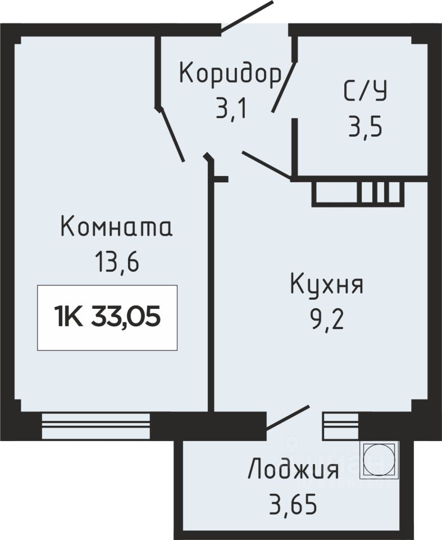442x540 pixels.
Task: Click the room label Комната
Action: (x=116, y=227)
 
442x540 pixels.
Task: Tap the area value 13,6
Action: (x=117, y=262)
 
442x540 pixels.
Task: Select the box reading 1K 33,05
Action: (x=107, y=317)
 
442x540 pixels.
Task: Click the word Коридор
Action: (x=230, y=75)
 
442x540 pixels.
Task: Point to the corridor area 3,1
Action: (x=231, y=108)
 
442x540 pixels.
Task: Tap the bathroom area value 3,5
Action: (x=365, y=126)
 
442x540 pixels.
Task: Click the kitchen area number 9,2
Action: (x=327, y=318)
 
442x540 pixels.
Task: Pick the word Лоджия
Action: (x=293, y=469)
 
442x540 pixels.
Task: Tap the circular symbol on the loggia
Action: (x=379, y=460)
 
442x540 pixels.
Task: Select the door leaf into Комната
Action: (x=171, y=134)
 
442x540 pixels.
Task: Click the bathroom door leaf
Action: (x=284, y=87)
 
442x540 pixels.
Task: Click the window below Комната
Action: (x=96, y=426)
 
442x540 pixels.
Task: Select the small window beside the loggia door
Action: (x=340, y=426)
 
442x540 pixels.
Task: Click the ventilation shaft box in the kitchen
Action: (x=358, y=193)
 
